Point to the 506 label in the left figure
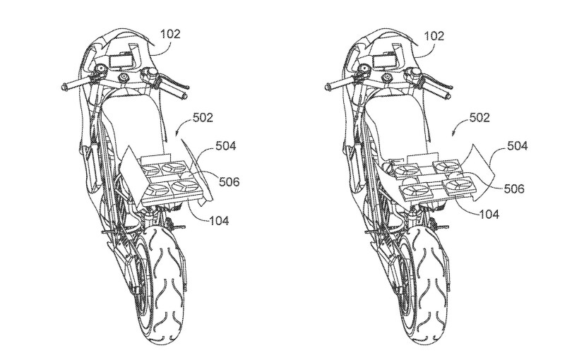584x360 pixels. pos(230,182)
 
